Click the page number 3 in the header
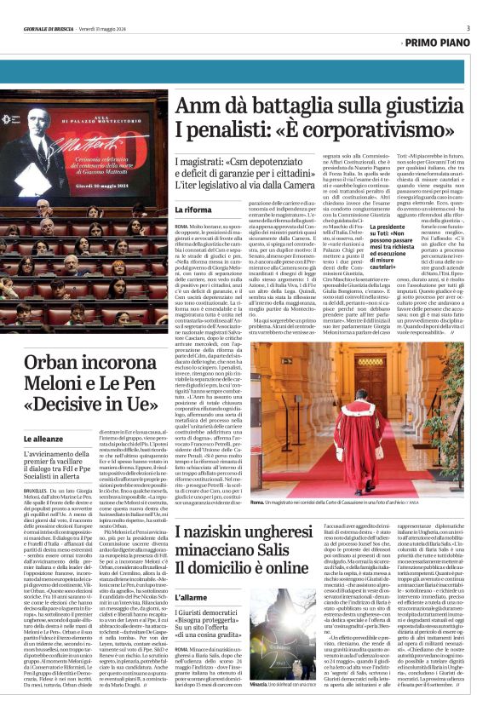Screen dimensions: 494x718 tap(468, 28)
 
